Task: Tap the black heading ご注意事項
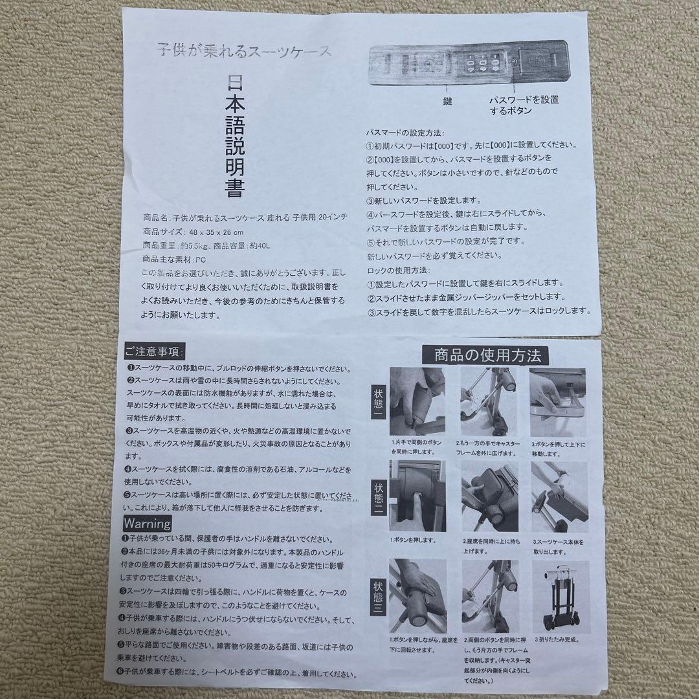click(x=154, y=351)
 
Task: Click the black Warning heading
click(x=148, y=523)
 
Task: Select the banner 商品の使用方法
click(x=485, y=355)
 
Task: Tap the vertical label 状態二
click(x=378, y=496)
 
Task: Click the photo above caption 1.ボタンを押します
click(x=417, y=496)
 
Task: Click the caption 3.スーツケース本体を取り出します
click(x=558, y=546)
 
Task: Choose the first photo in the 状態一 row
click(x=417, y=401)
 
